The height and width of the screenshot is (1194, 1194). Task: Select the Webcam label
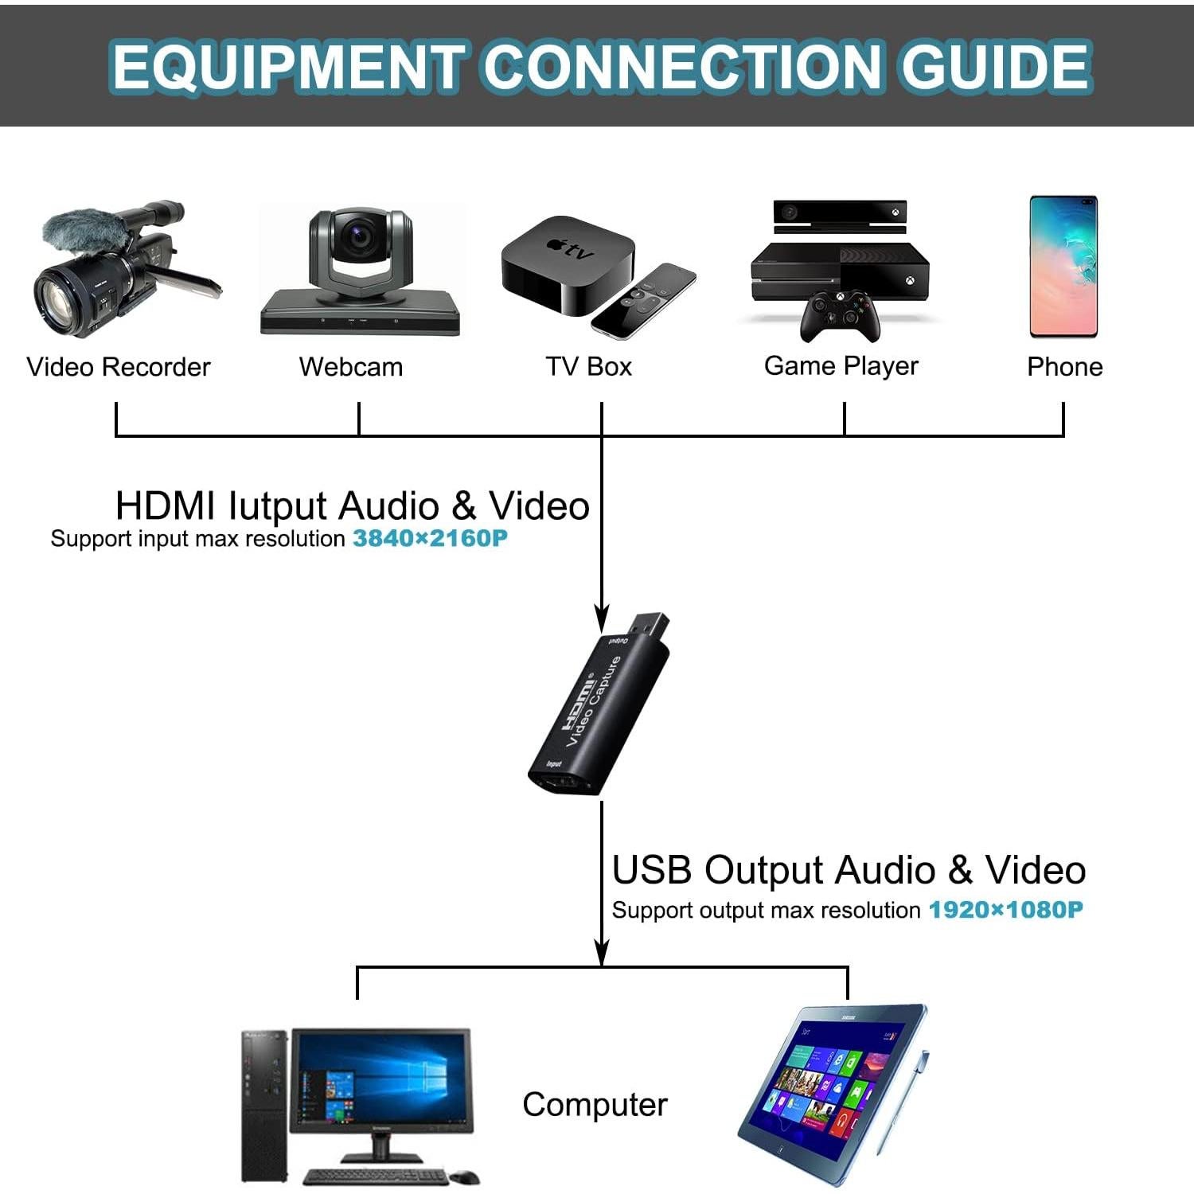pos(351,367)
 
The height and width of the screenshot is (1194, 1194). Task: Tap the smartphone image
pos(1063,267)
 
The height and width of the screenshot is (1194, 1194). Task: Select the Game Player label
pos(841,366)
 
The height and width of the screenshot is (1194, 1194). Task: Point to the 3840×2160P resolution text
pos(430,539)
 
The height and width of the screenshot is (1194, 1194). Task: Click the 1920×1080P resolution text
pos(1006,910)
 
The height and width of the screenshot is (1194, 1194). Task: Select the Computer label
pos(595,1105)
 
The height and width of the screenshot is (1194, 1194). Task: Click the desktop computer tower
pos(263,1106)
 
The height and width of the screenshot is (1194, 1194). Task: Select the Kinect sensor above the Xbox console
pos(840,213)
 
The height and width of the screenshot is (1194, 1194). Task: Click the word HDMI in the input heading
pos(165,506)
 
